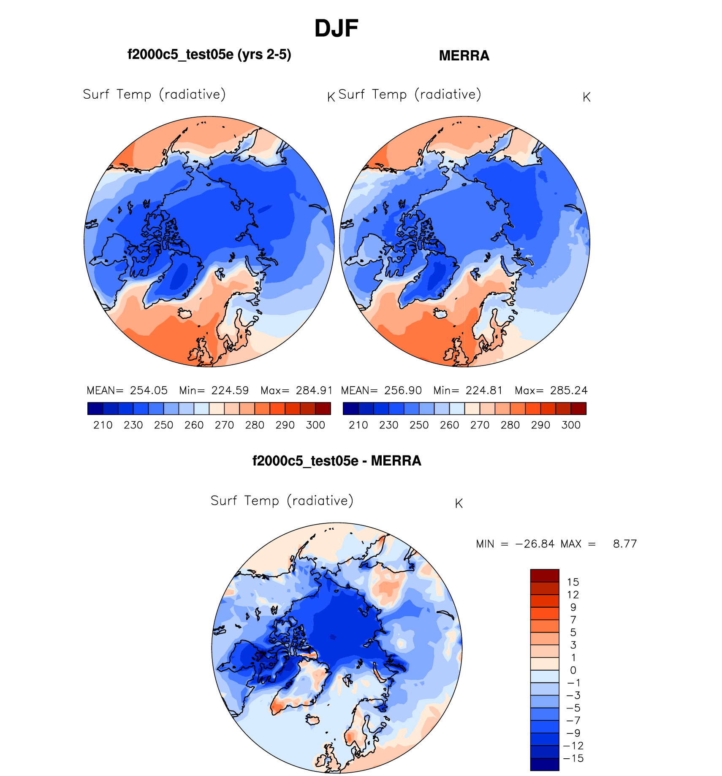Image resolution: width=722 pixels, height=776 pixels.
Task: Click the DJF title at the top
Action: click(x=336, y=29)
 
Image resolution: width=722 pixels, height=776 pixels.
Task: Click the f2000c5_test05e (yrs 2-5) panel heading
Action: click(x=209, y=55)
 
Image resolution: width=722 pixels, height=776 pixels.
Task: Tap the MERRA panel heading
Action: click(x=464, y=56)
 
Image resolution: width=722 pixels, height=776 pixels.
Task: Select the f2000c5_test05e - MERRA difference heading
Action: click(x=337, y=461)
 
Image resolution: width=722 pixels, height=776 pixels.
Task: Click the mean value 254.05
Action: click(x=149, y=391)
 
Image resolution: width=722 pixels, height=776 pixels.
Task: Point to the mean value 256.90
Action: click(x=403, y=391)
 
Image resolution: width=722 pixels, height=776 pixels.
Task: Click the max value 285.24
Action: click(x=569, y=391)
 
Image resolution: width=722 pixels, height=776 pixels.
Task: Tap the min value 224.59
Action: click(x=230, y=391)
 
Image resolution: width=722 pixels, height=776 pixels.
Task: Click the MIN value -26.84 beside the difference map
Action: click(x=535, y=544)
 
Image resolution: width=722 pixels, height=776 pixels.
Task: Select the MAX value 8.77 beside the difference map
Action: click(x=624, y=544)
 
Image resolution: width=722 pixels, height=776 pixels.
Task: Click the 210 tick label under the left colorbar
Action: click(x=103, y=425)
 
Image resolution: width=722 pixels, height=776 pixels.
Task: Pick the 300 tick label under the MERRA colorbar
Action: click(x=571, y=425)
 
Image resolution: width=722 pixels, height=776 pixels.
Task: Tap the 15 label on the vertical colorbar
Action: click(x=573, y=582)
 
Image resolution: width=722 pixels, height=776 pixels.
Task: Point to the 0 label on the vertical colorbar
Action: click(x=573, y=671)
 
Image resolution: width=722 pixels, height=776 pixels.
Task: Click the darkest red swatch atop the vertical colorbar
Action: click(x=545, y=576)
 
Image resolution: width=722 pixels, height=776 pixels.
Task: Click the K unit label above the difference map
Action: click(x=459, y=504)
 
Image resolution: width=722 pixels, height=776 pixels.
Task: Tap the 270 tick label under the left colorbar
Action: click(x=224, y=425)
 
